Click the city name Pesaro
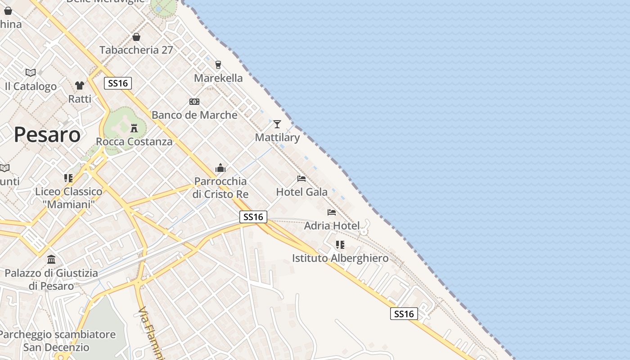tap(47, 135)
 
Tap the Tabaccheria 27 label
tap(136, 50)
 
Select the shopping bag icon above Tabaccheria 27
tap(136, 37)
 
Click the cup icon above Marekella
tap(218, 65)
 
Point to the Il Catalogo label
tap(31, 86)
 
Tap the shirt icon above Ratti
tap(80, 85)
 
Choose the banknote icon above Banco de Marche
tap(194, 102)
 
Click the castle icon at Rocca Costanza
tap(134, 128)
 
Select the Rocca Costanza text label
tap(134, 142)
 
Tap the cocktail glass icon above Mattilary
tap(277, 124)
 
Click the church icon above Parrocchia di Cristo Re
tap(220, 168)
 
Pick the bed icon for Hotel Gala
tap(301, 179)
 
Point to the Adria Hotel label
tap(332, 225)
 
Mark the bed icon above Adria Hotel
tap(332, 212)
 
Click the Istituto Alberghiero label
tap(340, 258)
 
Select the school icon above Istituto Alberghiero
tap(340, 245)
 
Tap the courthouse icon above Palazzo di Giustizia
tap(51, 260)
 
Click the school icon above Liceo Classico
tap(68, 178)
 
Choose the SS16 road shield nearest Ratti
tap(118, 83)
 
